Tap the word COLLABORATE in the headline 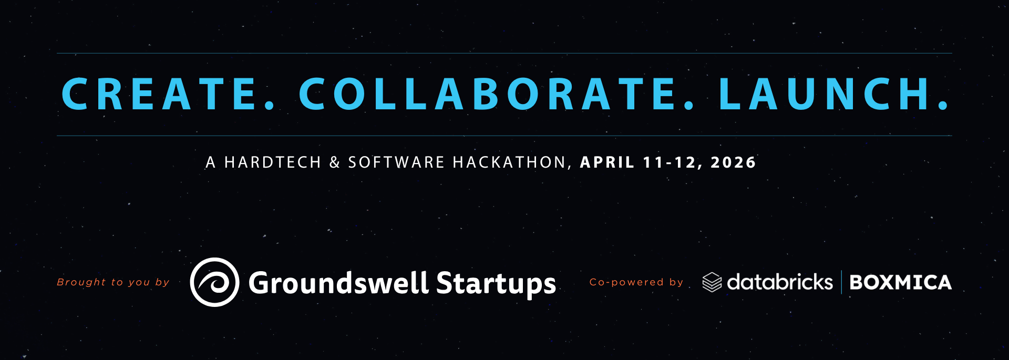point(489,94)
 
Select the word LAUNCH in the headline point(825,94)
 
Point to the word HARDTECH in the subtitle point(273,162)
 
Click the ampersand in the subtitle point(335,162)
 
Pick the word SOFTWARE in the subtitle point(396,162)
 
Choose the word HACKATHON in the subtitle point(510,162)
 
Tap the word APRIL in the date point(607,162)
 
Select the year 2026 point(733,162)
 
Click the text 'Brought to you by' point(113,282)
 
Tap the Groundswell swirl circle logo point(214,282)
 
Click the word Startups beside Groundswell point(496,284)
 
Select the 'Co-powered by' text point(636,282)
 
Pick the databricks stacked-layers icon point(712,282)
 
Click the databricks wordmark point(780,282)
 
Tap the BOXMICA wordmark point(900,283)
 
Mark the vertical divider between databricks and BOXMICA point(841,282)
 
